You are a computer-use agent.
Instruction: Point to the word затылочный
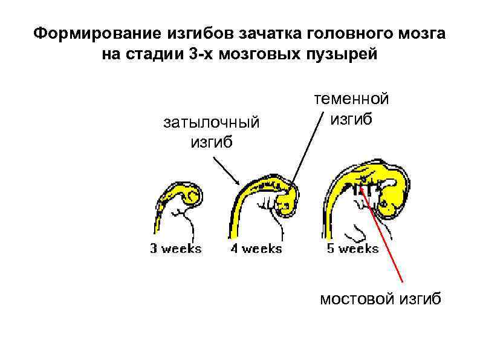[212, 123]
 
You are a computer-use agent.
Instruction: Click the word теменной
[351, 98]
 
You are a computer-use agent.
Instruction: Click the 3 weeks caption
[175, 248]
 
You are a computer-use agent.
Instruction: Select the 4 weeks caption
[256, 248]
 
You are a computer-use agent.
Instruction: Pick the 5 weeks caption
[352, 248]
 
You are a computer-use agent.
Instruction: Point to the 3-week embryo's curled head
[192, 195]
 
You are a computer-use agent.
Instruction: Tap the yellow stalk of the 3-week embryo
[158, 218]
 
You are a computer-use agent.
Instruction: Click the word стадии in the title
[150, 54]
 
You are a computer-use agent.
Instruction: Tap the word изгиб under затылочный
[212, 143]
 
